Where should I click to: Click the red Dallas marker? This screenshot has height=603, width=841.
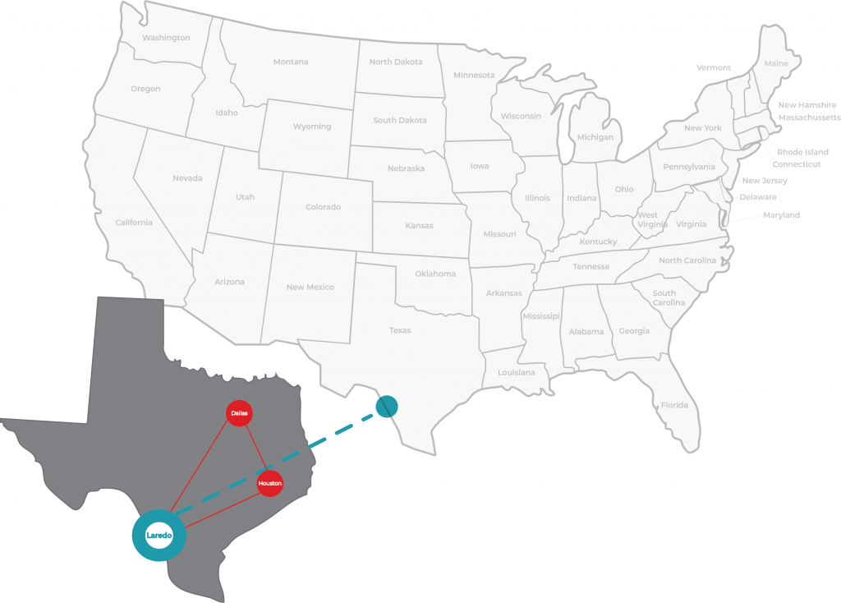tap(239, 412)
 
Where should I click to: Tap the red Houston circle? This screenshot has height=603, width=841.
tap(269, 484)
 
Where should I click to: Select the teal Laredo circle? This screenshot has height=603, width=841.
tap(159, 536)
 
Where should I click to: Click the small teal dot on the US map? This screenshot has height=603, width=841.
tap(387, 406)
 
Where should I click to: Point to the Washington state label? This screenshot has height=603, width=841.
tap(166, 38)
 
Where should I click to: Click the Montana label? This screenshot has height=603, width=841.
tap(291, 62)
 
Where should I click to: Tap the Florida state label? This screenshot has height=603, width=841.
tap(674, 405)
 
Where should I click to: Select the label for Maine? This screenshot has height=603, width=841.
tap(775, 63)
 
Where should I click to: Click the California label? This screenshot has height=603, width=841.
tap(134, 223)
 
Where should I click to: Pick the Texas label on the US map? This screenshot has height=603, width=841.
tap(400, 330)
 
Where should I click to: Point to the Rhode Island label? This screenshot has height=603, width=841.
tap(802, 152)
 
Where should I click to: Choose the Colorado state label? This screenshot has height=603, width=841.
tap(323, 207)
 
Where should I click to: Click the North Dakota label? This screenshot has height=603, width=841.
tap(396, 62)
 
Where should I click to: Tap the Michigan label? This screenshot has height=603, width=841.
tap(595, 137)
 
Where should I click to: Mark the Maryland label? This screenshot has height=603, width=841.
tap(781, 215)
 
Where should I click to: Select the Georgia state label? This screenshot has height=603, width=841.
tap(633, 331)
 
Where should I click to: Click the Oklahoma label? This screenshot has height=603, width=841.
tap(435, 274)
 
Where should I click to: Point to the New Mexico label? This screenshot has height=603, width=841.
tap(310, 287)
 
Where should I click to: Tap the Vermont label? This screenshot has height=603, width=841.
tap(713, 67)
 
